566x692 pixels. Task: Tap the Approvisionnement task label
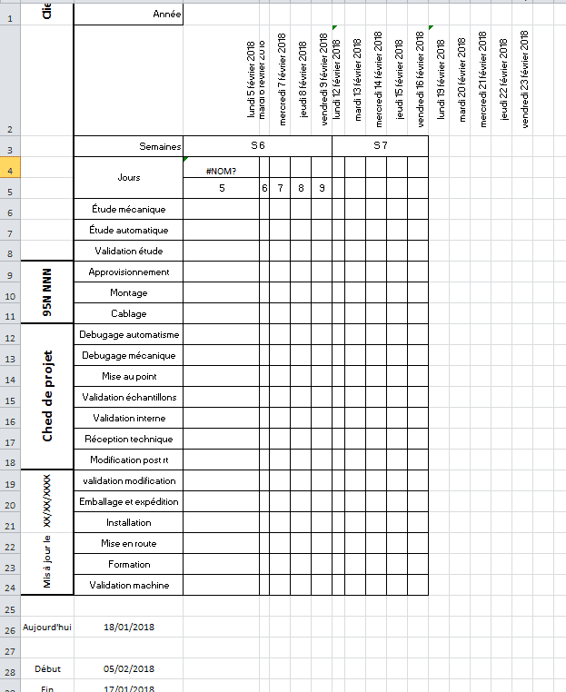pyautogui.click(x=129, y=272)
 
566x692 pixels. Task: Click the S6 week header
pyautogui.click(x=258, y=145)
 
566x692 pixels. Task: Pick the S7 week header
pyautogui.click(x=380, y=145)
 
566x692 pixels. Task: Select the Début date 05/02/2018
pyautogui.click(x=129, y=669)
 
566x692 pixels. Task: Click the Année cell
pyautogui.click(x=167, y=14)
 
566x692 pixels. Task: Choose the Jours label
pyautogui.click(x=129, y=177)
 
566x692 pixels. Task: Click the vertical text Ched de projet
pyautogui.click(x=48, y=396)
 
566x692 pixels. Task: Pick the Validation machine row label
pyautogui.click(x=129, y=585)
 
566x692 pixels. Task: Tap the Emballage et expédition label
pyautogui.click(x=129, y=501)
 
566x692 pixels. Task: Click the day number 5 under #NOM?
pyautogui.click(x=222, y=189)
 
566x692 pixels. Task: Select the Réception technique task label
pyautogui.click(x=129, y=439)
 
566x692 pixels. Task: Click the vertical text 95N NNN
pyautogui.click(x=48, y=292)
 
